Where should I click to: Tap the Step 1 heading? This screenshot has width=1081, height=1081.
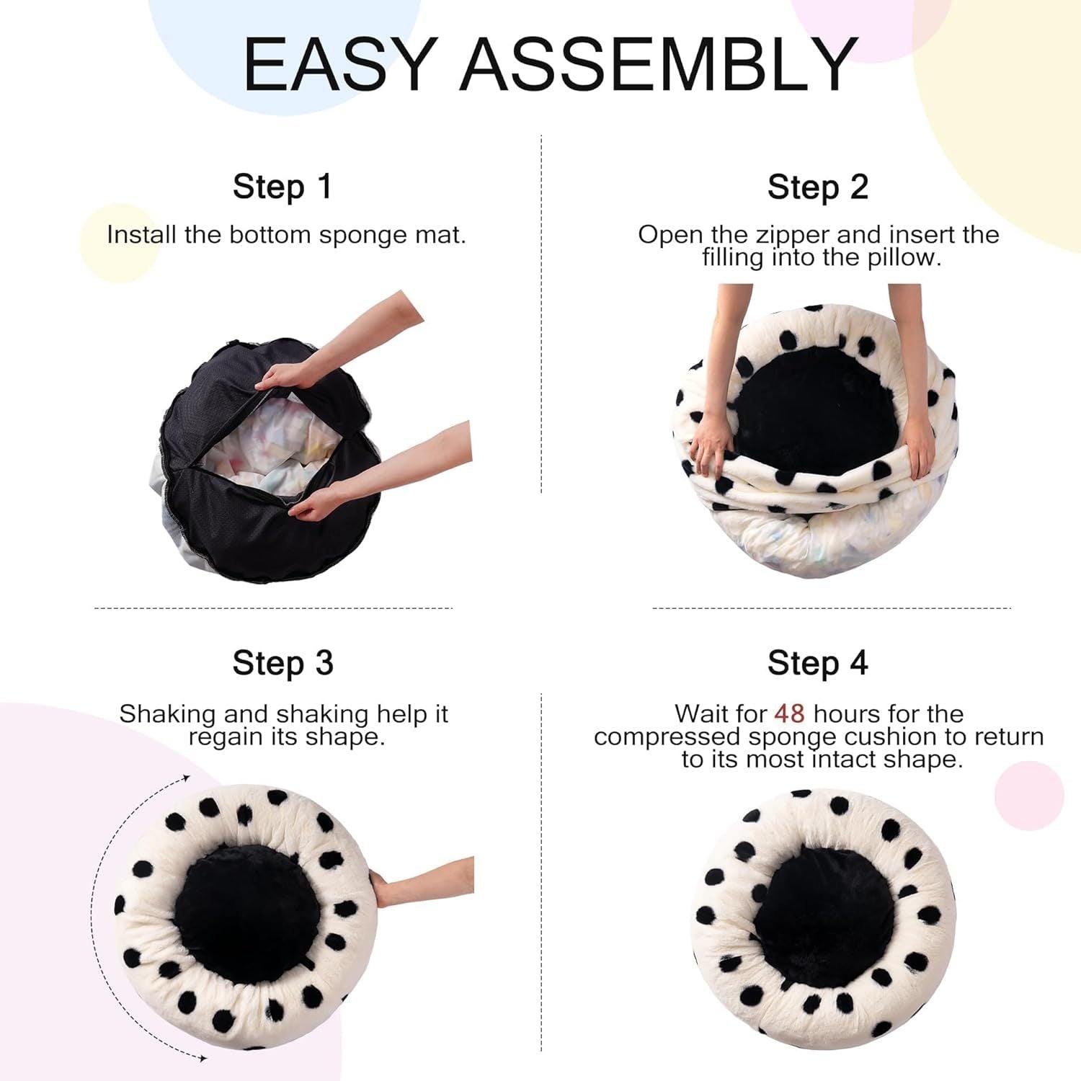click(282, 187)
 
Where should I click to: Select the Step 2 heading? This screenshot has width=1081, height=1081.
click(817, 187)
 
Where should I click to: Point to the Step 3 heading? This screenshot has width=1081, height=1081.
click(283, 663)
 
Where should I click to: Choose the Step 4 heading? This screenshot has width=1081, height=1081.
click(817, 663)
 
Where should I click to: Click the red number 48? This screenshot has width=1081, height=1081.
click(789, 713)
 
